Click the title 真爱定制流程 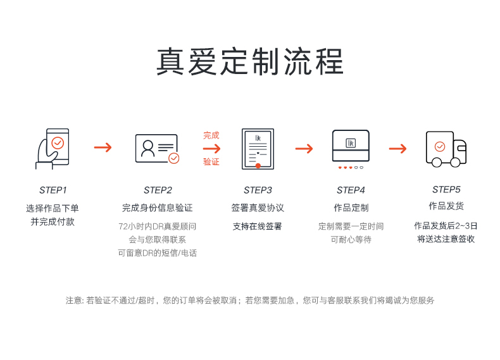click(x=249, y=61)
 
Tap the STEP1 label click(x=53, y=190)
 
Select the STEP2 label click(x=158, y=190)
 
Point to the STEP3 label click(x=258, y=190)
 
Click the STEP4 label click(x=351, y=190)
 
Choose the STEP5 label click(x=446, y=190)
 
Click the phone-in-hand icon click(x=53, y=149)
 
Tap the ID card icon click(x=157, y=149)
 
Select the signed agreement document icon click(x=258, y=149)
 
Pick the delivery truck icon click(x=446, y=149)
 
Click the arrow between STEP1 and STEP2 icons click(x=103, y=147)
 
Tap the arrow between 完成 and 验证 click(x=211, y=149)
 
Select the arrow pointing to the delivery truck click(x=397, y=149)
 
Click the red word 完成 click(x=211, y=135)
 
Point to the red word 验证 click(x=211, y=162)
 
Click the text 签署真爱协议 click(x=258, y=208)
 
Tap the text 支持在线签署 click(x=258, y=227)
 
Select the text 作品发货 click(x=446, y=206)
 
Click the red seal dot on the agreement click(x=258, y=166)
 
